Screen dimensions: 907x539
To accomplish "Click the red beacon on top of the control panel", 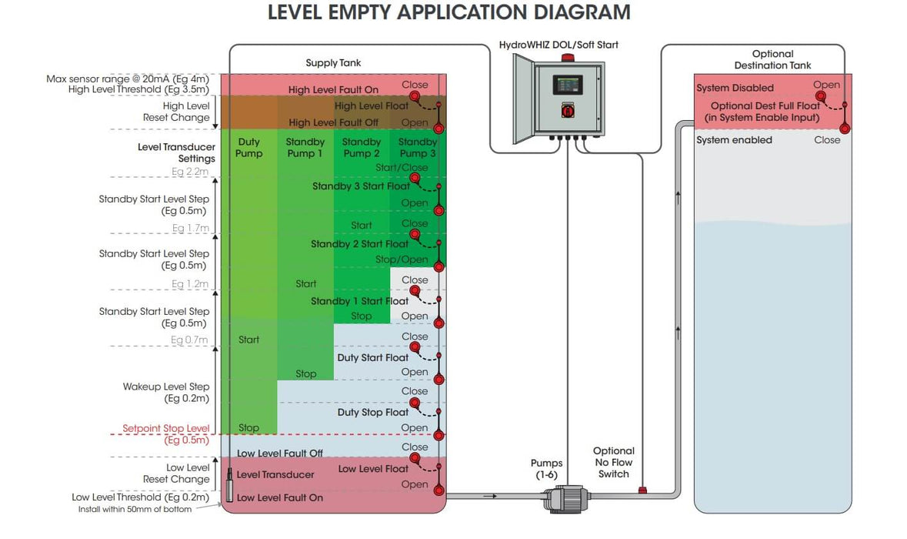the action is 568,57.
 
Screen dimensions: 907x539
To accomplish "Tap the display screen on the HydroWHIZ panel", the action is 568,85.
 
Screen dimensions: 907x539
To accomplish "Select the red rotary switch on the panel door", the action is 568,109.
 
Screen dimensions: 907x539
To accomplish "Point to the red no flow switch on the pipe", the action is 642,490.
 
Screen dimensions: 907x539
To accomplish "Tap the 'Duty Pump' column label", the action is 248,148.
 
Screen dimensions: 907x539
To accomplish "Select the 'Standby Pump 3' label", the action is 417,148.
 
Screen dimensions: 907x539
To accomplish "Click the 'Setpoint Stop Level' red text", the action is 166,428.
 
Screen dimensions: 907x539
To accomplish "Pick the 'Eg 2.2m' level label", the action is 190,172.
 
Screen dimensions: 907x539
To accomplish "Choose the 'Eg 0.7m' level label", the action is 189,340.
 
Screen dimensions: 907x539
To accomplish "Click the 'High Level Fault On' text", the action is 333,90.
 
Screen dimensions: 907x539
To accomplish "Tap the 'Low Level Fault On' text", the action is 280,497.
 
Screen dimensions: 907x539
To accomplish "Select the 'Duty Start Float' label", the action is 372,358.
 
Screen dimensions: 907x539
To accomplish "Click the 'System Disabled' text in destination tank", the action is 735,88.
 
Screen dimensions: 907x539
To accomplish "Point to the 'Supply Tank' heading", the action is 333,62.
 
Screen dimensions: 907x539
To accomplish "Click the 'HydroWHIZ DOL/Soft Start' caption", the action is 559,45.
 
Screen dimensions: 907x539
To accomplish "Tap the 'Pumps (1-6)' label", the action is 547,469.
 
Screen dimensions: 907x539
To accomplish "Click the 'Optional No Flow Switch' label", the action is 614,462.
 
